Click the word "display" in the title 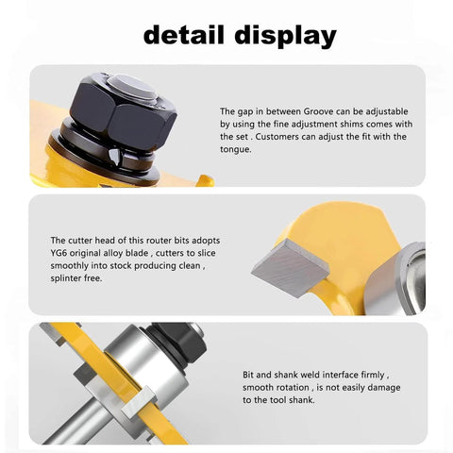282,36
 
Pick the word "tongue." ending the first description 237,149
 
